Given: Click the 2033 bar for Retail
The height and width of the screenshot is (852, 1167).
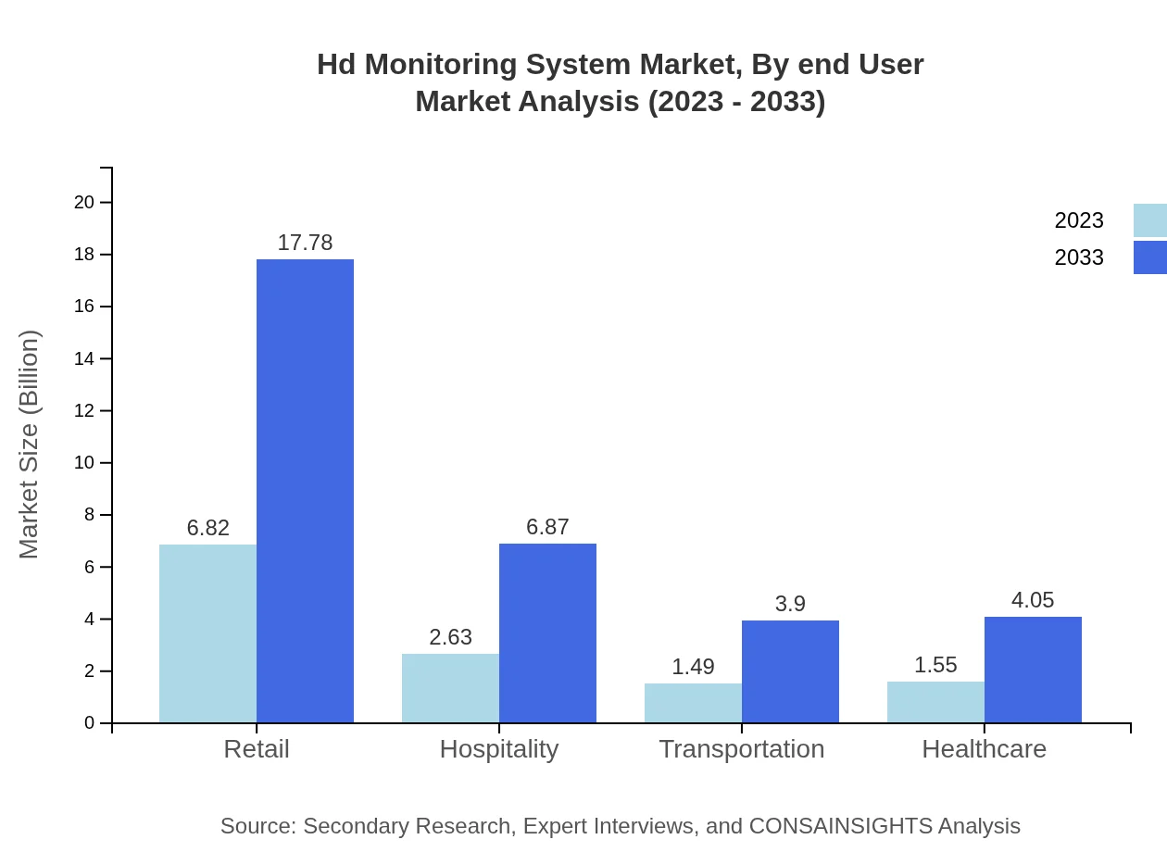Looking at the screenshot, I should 305,491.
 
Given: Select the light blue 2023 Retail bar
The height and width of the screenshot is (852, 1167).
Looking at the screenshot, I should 207,633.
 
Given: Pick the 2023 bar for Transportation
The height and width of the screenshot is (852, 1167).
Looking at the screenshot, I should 693,703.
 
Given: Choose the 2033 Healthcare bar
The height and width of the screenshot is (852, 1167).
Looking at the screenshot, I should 1033,670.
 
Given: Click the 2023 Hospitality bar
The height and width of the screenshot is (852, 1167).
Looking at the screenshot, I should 450,688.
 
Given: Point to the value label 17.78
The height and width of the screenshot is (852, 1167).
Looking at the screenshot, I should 305,243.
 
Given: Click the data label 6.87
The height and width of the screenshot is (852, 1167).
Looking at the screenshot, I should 547,527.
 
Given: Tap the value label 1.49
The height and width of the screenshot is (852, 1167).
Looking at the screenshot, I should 693,667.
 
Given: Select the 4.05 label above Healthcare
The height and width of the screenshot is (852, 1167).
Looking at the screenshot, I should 1033,600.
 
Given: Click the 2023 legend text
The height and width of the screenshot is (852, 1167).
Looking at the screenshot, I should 1079,220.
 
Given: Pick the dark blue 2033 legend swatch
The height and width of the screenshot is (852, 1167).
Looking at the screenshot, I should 1149,257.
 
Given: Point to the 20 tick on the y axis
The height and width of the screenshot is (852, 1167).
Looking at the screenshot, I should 84,202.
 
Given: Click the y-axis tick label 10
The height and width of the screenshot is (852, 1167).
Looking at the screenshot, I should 84,463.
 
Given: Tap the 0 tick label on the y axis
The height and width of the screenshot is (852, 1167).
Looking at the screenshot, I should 90,723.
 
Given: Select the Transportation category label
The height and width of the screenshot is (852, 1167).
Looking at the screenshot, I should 741,749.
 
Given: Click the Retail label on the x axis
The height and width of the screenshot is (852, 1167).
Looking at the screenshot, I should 257,749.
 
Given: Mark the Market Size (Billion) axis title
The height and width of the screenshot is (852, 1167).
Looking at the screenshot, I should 30,445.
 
